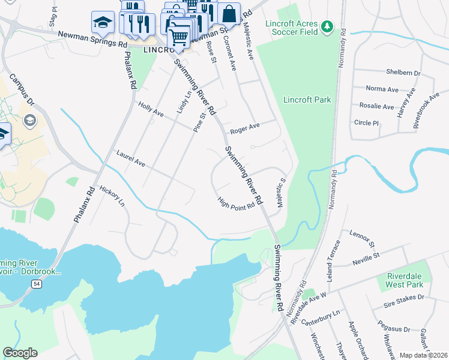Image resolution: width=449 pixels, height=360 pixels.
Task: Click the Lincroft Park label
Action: (306, 100)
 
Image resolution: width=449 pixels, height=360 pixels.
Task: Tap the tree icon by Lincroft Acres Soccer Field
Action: (327, 26)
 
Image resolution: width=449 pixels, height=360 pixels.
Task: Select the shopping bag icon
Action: (229, 13)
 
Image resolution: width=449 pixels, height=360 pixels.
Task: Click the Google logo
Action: (20, 353)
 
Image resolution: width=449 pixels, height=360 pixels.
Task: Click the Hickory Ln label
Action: (112, 196)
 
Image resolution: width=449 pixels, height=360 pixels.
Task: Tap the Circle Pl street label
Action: (366, 123)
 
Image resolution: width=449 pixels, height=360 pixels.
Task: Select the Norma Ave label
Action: (382, 89)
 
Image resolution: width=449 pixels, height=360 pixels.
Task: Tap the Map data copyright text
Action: (423, 355)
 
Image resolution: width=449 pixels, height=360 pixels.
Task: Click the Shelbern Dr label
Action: (403, 73)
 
